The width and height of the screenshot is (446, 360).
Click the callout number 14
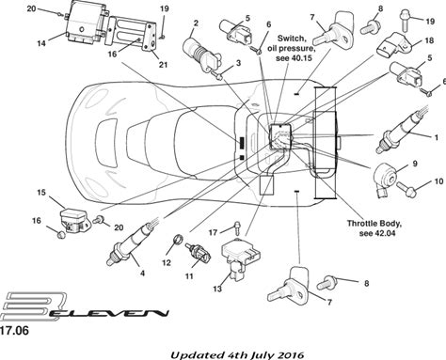41,43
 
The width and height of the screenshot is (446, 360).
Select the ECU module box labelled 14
86,21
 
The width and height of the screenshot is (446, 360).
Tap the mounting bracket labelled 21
132,32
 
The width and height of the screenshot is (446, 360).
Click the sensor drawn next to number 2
201,55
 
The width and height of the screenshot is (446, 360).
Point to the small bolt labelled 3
216,74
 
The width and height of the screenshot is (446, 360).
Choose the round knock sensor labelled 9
387,180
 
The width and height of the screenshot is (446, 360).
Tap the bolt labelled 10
406,189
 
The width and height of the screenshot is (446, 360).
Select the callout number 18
429,40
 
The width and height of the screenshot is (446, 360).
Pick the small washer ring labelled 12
178,240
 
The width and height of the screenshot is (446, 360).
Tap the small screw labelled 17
238,227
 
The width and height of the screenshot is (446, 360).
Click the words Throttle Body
374,224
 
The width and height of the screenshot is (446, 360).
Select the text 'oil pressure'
291,49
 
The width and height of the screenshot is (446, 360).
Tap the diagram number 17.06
14,331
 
